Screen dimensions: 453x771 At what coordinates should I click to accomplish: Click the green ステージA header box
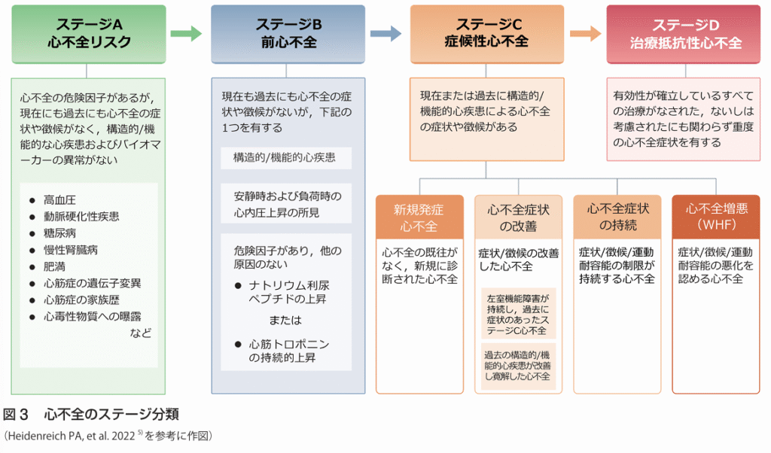[89, 34]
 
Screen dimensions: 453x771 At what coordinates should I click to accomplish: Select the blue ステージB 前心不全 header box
[288, 34]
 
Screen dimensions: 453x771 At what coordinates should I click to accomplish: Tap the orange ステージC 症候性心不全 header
[488, 34]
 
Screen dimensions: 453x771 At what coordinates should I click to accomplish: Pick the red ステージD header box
[685, 34]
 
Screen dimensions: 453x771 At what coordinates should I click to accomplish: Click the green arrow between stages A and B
[187, 33]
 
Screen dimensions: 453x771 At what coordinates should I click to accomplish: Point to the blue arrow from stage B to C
[386, 33]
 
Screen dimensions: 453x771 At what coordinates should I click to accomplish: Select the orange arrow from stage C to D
[585, 33]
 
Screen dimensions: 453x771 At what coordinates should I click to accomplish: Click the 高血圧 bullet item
[59, 200]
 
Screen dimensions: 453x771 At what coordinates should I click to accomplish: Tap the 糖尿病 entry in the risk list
[59, 233]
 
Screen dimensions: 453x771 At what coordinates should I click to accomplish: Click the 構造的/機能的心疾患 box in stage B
[285, 158]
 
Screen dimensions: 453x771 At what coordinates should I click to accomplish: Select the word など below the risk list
[141, 333]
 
